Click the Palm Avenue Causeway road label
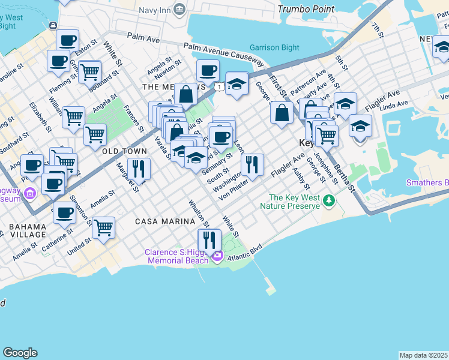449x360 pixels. (224, 54)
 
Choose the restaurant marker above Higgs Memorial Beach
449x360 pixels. (208, 240)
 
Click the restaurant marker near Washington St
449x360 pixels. (252, 164)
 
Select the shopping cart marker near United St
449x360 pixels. (103, 227)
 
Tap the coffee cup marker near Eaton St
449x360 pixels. (67, 41)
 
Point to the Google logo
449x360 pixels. (20, 353)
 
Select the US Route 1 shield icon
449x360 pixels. (221, 88)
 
